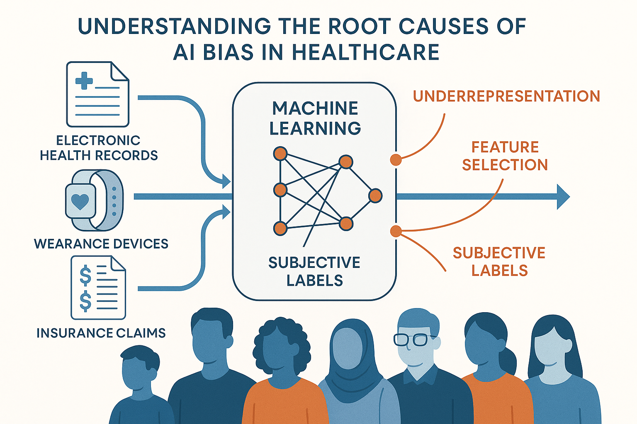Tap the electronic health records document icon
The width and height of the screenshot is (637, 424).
point(98,94)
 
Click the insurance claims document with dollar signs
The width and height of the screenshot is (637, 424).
point(98,287)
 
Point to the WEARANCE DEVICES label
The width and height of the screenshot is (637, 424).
point(101,243)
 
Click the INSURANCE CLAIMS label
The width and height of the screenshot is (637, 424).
point(101,333)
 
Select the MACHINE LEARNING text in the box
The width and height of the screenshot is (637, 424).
point(315,118)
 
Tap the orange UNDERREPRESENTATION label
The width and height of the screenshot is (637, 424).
point(506,96)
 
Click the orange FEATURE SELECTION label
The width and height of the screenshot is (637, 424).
point(505,156)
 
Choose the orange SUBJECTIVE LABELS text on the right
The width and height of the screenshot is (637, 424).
point(499,261)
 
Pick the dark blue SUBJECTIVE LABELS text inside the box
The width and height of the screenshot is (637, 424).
point(314,271)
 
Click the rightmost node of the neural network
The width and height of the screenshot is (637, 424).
point(375,195)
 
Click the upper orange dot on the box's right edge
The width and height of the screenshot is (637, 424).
point(396,159)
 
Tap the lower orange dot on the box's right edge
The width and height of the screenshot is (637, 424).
point(396,231)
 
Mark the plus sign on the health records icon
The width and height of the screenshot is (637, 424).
point(84,80)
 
